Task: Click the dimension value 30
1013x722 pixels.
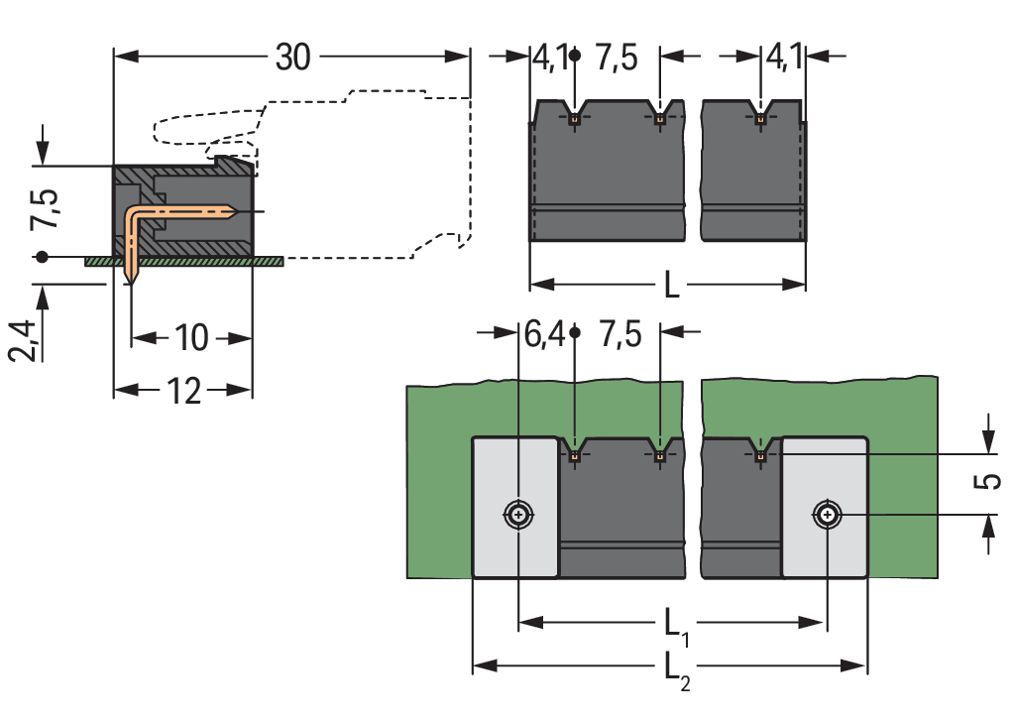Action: pyautogui.click(x=292, y=59)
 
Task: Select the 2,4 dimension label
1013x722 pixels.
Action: pyautogui.click(x=28, y=341)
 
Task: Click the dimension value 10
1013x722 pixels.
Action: pyautogui.click(x=191, y=339)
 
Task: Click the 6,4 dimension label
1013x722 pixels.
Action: pyautogui.click(x=544, y=335)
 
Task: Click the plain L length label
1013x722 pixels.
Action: pyautogui.click(x=671, y=287)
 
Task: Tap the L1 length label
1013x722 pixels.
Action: pyautogui.click(x=675, y=625)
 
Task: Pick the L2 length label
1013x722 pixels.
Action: pyautogui.click(x=675, y=667)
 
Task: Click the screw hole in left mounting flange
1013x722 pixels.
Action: pyautogui.click(x=518, y=515)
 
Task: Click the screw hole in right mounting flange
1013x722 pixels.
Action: pyautogui.click(x=827, y=515)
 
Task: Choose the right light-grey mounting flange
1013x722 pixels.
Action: pyautogui.click(x=825, y=555)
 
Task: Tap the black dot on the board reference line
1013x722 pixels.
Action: pyautogui.click(x=42, y=257)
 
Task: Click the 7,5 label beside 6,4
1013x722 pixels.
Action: pyautogui.click(x=619, y=335)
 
